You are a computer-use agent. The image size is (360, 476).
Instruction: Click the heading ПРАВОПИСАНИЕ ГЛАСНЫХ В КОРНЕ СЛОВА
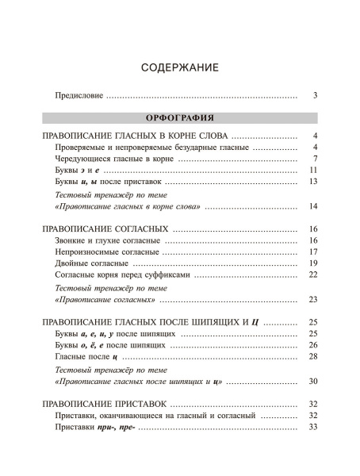[136, 136]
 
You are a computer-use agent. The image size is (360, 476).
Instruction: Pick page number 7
[315, 159]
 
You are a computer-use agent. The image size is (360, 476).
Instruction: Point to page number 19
[313, 263]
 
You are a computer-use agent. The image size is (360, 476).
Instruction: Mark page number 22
[313, 274]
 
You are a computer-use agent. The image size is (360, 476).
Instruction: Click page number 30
[313, 381]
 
